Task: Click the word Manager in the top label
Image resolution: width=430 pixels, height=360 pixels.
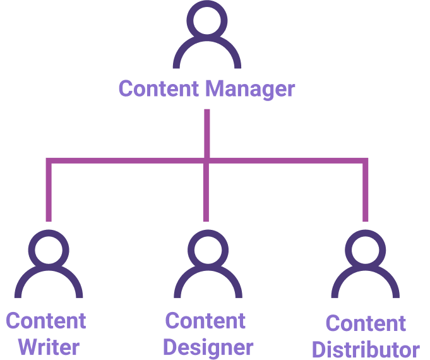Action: point(250,89)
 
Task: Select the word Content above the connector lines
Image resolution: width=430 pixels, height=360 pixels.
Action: point(158,88)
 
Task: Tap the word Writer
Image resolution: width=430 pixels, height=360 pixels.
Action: point(49,347)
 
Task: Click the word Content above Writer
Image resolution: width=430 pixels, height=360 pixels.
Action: point(46,320)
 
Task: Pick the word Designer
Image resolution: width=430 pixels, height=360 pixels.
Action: point(208,348)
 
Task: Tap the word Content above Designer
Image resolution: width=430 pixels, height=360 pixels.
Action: point(205,320)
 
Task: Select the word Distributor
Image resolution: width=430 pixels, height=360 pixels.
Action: point(366,349)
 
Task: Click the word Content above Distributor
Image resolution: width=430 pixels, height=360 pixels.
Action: point(366,323)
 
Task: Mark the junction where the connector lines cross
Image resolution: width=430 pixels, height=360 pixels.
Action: point(206,161)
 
